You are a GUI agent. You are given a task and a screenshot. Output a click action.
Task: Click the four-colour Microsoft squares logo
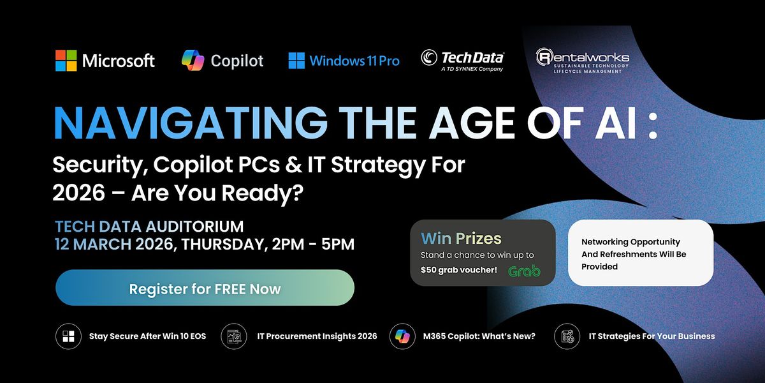(66, 61)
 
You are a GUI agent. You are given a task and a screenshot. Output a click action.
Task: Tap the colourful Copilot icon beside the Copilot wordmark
(193, 60)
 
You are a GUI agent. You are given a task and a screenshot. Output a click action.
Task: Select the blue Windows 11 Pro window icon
(296, 61)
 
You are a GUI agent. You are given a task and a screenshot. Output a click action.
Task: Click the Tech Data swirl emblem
(429, 57)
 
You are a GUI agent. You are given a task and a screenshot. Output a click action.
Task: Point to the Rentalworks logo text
(583, 61)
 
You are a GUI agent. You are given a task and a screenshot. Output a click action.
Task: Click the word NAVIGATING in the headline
(191, 123)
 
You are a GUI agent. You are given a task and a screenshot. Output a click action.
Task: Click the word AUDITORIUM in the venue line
(194, 227)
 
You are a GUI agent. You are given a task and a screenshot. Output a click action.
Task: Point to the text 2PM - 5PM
(313, 244)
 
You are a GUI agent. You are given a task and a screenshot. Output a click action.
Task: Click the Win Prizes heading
(461, 238)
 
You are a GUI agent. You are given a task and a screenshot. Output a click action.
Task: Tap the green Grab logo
(524, 271)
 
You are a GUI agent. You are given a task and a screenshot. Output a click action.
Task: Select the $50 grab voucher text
(458, 270)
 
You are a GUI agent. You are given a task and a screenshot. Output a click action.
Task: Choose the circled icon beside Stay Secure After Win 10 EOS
(68, 336)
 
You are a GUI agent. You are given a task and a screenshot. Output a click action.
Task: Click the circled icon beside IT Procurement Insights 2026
(234, 336)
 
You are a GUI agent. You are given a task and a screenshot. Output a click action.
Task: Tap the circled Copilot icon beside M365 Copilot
(402, 336)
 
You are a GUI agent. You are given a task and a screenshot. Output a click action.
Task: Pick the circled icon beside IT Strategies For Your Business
(567, 336)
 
